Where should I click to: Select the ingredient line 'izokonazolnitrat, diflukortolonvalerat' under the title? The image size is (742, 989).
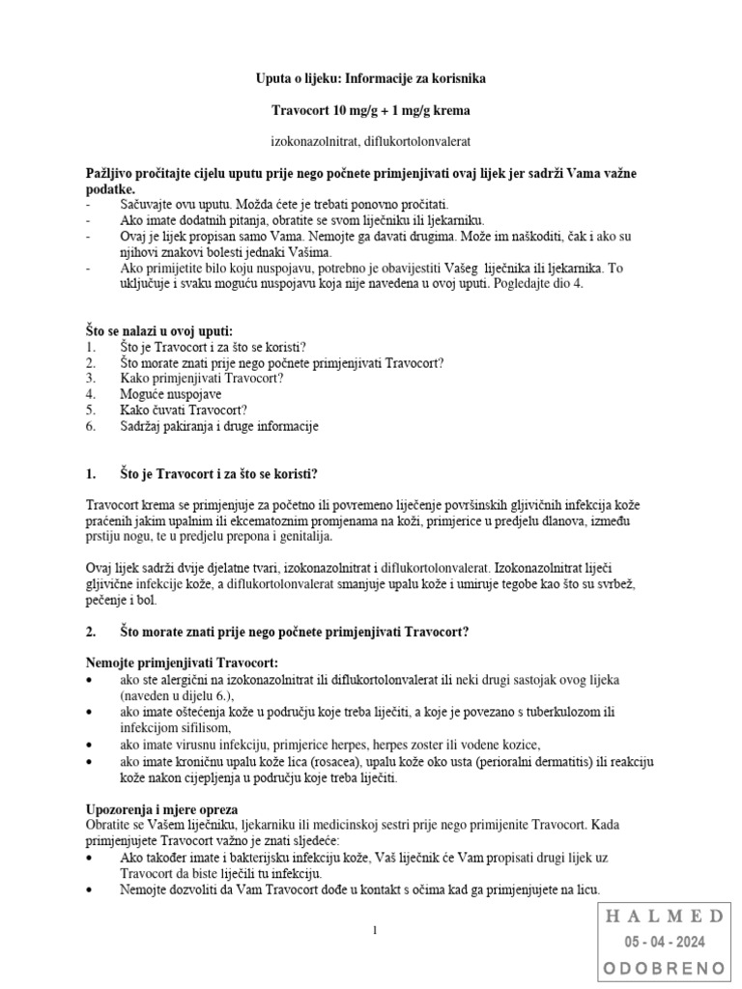pos(372,142)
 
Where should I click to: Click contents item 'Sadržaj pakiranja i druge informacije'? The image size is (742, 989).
pos(219,426)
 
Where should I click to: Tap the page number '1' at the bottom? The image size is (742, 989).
pos(375,930)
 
